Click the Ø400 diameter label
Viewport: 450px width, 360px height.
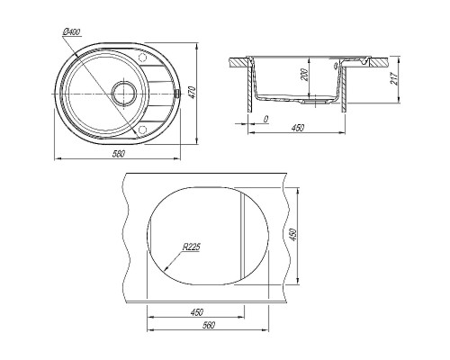(72, 32)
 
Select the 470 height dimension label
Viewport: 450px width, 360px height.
(193, 93)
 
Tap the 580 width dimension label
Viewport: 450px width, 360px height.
(118, 154)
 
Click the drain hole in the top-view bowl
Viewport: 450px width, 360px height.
(124, 94)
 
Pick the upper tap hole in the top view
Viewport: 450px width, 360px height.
(142, 58)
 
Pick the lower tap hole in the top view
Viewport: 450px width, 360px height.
(142, 130)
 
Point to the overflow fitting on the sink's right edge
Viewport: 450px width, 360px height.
(177, 94)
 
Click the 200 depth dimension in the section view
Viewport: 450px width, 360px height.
(305, 75)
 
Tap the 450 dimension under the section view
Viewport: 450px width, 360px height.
(298, 128)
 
